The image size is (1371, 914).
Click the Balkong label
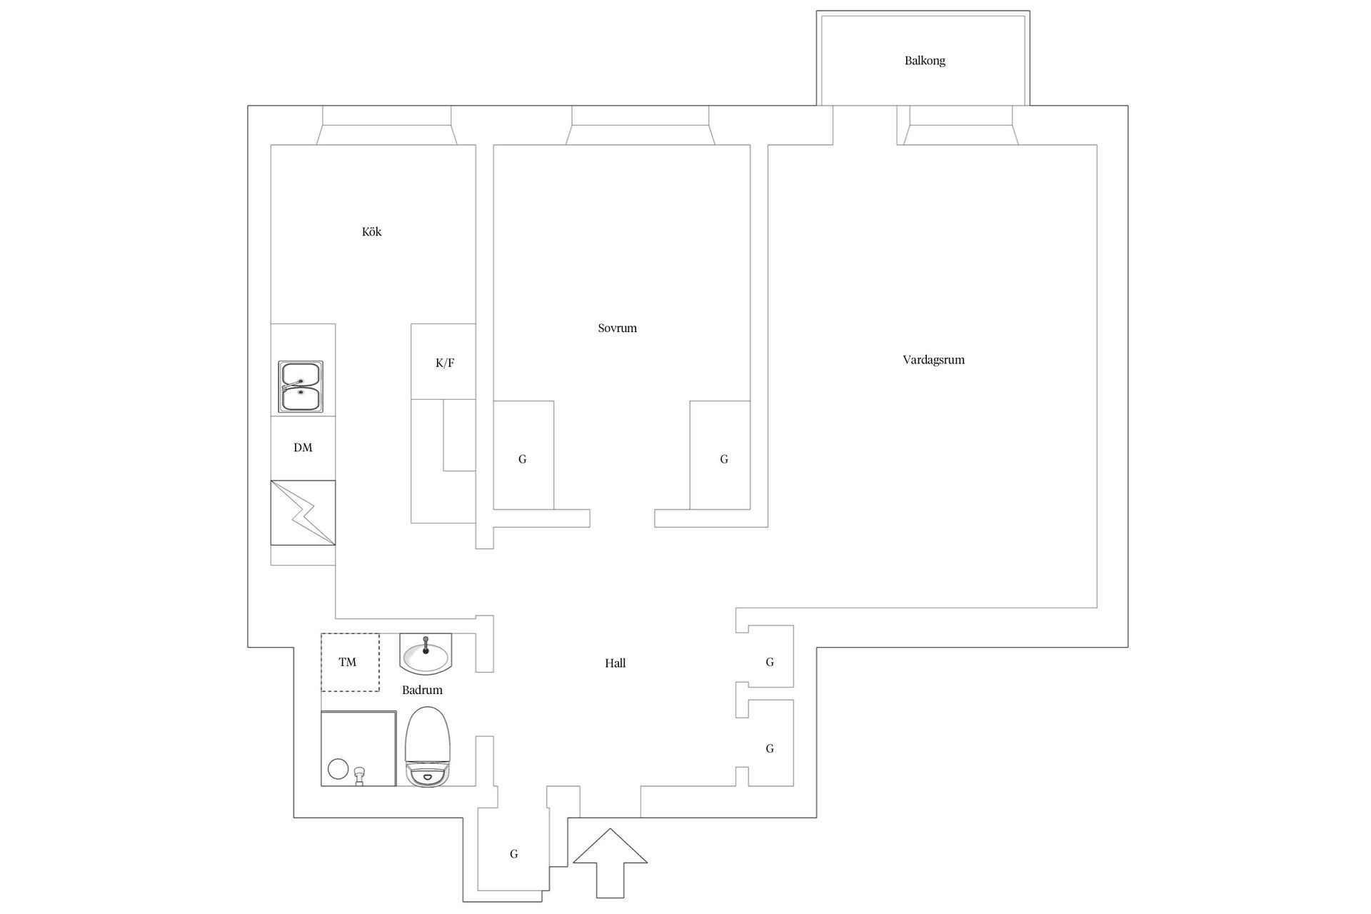pos(925,61)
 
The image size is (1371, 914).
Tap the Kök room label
pos(371,232)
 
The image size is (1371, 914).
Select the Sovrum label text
pos(617,328)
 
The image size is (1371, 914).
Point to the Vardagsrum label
pos(933,360)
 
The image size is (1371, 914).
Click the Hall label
pos(615,663)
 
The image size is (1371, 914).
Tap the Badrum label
pos(422,690)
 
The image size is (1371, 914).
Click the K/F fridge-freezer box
pos(443,362)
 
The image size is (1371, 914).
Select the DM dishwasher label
pos(303,448)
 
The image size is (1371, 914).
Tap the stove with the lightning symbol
pos(303,513)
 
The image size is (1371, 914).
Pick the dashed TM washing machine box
pos(350,663)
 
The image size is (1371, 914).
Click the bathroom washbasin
pos(426,653)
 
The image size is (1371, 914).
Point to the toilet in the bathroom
pos(428,747)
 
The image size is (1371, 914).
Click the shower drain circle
pos(337,769)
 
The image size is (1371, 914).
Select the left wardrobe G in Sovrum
pos(523,456)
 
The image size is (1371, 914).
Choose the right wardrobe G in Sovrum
pos(720,456)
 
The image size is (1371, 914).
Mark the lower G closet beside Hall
pos(770,743)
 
